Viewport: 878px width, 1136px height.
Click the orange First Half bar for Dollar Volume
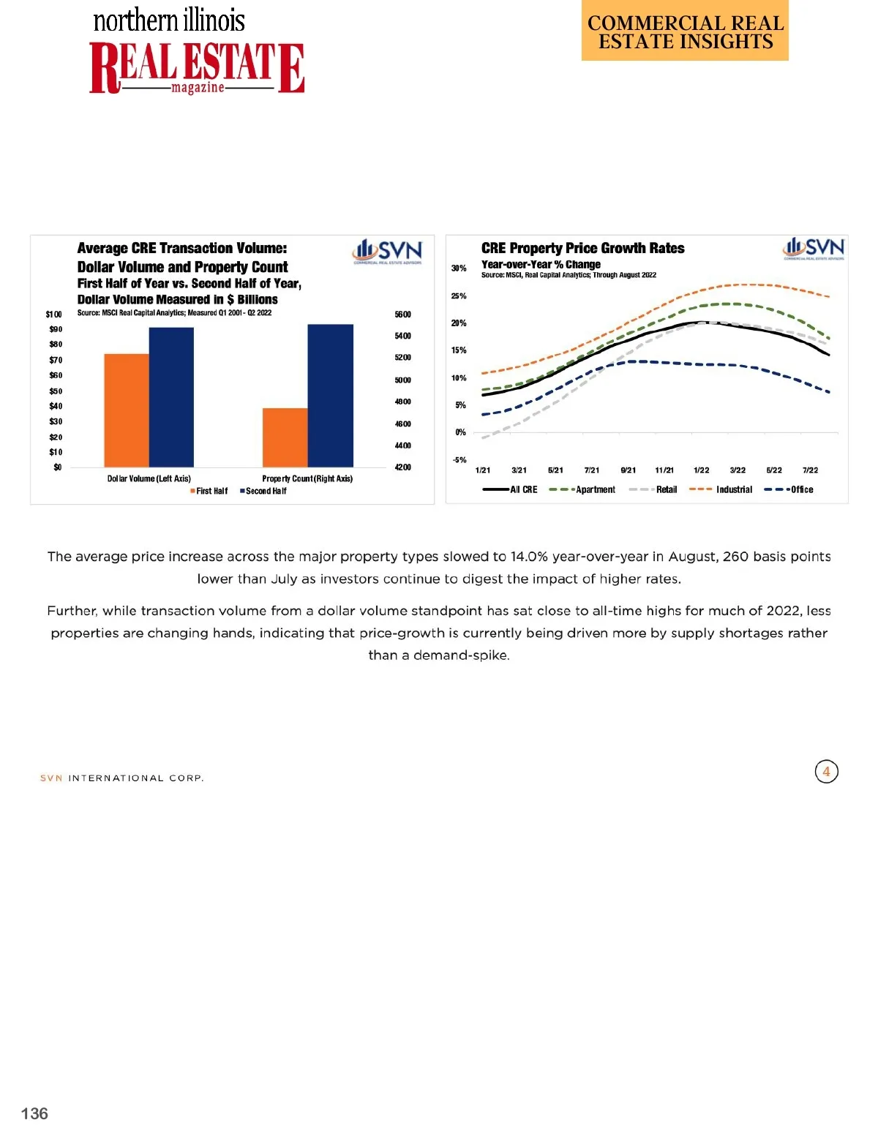point(127,410)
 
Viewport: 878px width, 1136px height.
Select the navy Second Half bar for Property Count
point(330,395)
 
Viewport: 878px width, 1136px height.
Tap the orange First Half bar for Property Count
point(285,437)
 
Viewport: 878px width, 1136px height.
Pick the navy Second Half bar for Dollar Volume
point(171,397)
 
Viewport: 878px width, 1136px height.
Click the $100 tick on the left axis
point(54,315)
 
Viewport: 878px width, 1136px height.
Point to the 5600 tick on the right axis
point(402,315)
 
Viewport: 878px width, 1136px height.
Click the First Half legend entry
point(209,492)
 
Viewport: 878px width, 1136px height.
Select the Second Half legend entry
point(264,492)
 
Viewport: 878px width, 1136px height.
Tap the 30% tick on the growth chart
point(459,268)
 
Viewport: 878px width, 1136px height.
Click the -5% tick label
point(459,460)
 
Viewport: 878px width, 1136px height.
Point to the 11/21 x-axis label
point(664,470)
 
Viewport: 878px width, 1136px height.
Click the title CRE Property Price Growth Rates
point(582,249)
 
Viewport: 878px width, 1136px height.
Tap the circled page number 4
point(826,772)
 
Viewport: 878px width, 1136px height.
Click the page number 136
point(34,1113)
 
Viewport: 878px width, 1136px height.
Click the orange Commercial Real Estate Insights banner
point(685,31)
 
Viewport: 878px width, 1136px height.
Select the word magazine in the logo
point(198,88)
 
